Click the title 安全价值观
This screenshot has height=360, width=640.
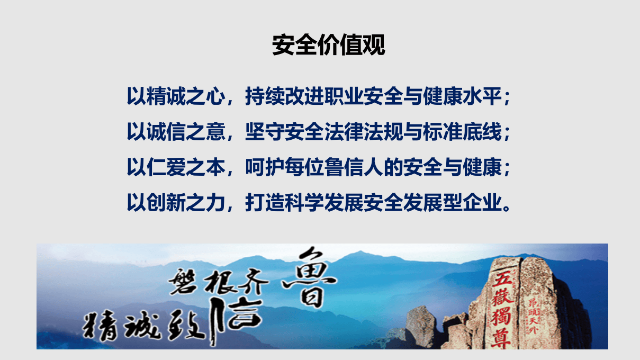[328, 46]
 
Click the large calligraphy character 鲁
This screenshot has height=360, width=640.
[310, 278]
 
